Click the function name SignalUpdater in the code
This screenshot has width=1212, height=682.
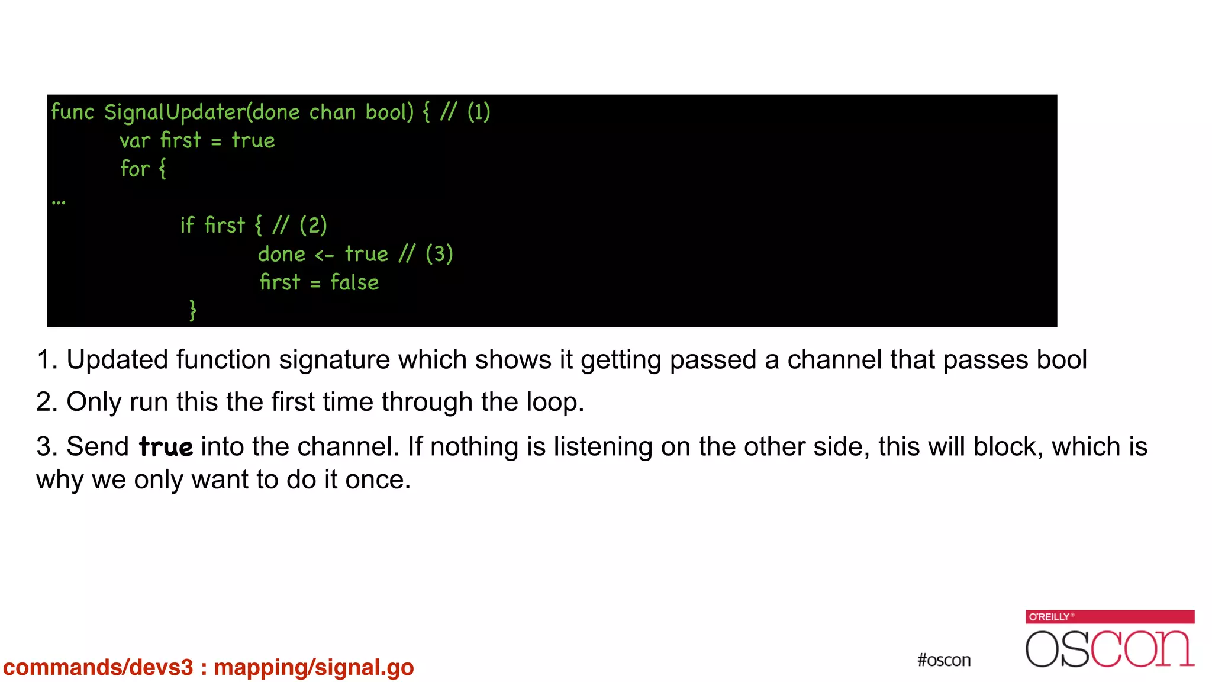pyautogui.click(x=175, y=112)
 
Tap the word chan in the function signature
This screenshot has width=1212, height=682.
pyautogui.click(x=333, y=112)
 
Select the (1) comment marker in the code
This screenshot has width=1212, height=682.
pyautogui.click(x=479, y=112)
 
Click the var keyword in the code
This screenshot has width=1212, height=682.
pyautogui.click(x=135, y=141)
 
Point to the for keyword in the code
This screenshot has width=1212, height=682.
pyautogui.click(x=135, y=169)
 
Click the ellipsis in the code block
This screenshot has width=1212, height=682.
pyautogui.click(x=59, y=202)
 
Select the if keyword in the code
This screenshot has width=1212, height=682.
pyautogui.click(x=187, y=226)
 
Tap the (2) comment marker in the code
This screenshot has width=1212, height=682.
pyautogui.click(x=313, y=226)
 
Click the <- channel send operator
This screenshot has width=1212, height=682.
pyautogui.click(x=324, y=255)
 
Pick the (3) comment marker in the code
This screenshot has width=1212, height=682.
pyautogui.click(x=439, y=255)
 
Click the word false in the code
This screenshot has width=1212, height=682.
pyautogui.click(x=354, y=282)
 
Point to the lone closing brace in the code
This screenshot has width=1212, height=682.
pyautogui.click(x=192, y=310)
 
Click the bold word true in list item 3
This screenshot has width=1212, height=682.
pyautogui.click(x=166, y=447)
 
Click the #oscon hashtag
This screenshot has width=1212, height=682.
pyautogui.click(x=944, y=660)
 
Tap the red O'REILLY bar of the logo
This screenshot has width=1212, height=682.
pyautogui.click(x=1110, y=616)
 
